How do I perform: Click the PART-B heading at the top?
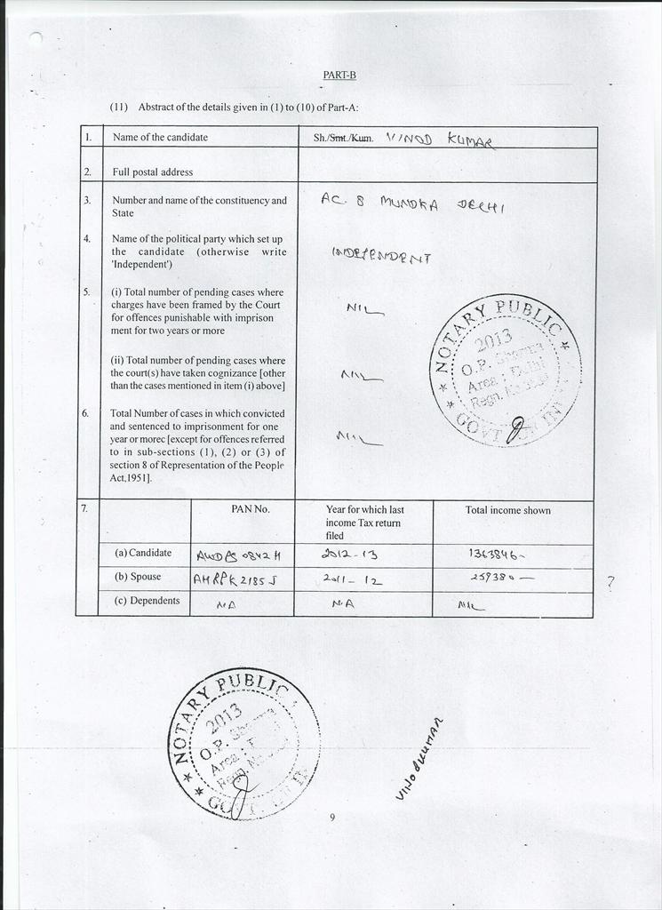pos(339,76)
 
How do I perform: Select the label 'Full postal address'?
pos(152,172)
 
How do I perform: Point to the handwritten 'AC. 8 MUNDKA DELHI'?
pos(412,203)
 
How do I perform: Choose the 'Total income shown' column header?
pos(507,510)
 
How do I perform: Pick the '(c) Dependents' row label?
pos(148,601)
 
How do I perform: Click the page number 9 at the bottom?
pos(331,818)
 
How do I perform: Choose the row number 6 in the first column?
pos(86,413)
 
